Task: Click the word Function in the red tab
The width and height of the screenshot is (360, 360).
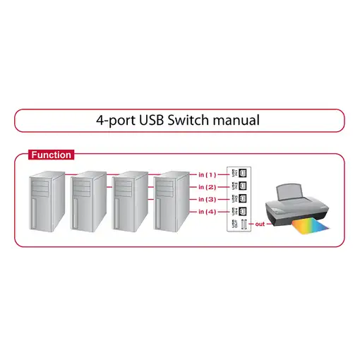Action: pos(51,155)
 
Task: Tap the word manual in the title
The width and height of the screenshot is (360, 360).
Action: pos(236,120)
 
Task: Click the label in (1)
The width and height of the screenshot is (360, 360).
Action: pos(208,174)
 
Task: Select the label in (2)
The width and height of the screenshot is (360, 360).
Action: pos(208,187)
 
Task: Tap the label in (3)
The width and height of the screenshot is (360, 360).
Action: pos(208,200)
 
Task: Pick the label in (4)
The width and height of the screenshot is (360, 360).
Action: pos(208,212)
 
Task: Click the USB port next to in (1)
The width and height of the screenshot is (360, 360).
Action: pos(241,174)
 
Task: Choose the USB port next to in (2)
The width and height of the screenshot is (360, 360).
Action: pos(241,186)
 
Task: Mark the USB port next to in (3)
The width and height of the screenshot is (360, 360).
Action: pos(241,199)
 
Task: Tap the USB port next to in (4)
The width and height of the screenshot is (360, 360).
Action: pos(241,212)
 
